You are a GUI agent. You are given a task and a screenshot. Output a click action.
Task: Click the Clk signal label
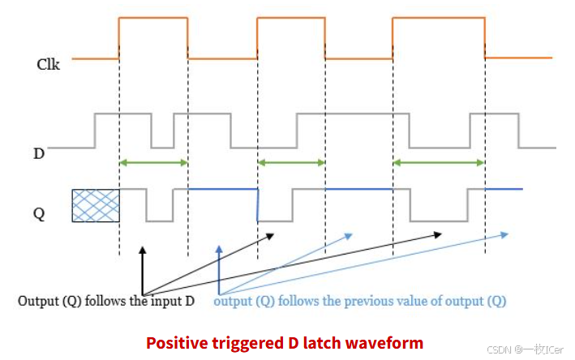49,62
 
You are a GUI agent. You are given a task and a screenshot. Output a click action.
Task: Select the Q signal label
38,214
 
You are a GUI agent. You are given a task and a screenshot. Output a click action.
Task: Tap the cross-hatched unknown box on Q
96,206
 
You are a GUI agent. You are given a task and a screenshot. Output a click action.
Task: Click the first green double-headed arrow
153,163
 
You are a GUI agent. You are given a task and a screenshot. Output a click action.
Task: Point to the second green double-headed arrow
291,163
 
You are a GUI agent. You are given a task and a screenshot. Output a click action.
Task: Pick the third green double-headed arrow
439,163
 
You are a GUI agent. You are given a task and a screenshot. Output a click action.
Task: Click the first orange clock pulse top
153,18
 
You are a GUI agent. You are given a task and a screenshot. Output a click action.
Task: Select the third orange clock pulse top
439,18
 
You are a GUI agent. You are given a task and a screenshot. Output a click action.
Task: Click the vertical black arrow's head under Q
143,250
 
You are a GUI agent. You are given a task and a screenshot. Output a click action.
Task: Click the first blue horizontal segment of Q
222,189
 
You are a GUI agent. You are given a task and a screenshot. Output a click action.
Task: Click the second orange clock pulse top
291,18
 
